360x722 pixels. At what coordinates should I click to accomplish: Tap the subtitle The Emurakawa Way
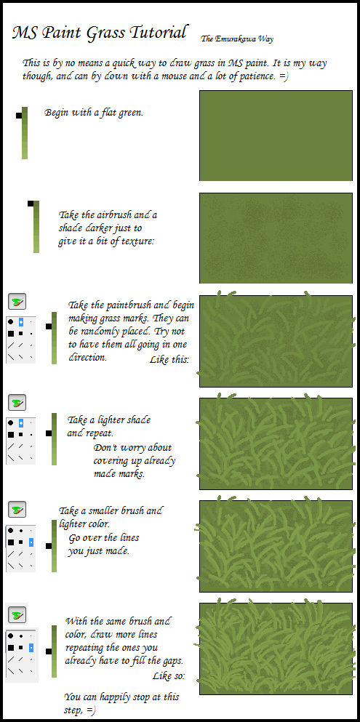coord(237,39)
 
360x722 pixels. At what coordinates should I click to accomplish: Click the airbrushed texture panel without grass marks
coord(276,237)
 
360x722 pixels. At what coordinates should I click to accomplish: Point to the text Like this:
coord(169,360)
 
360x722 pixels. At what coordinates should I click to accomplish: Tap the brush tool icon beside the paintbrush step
coord(17,302)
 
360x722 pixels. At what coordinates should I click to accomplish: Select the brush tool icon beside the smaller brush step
coord(17,510)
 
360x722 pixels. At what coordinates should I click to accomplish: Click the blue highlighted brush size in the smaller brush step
coord(31,542)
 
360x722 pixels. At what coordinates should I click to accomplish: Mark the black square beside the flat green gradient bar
coord(18,116)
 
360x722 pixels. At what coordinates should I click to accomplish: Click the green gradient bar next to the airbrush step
coord(36,227)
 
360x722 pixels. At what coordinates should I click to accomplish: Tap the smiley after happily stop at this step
coord(92,709)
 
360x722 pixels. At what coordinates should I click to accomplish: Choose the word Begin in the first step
coord(58,113)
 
